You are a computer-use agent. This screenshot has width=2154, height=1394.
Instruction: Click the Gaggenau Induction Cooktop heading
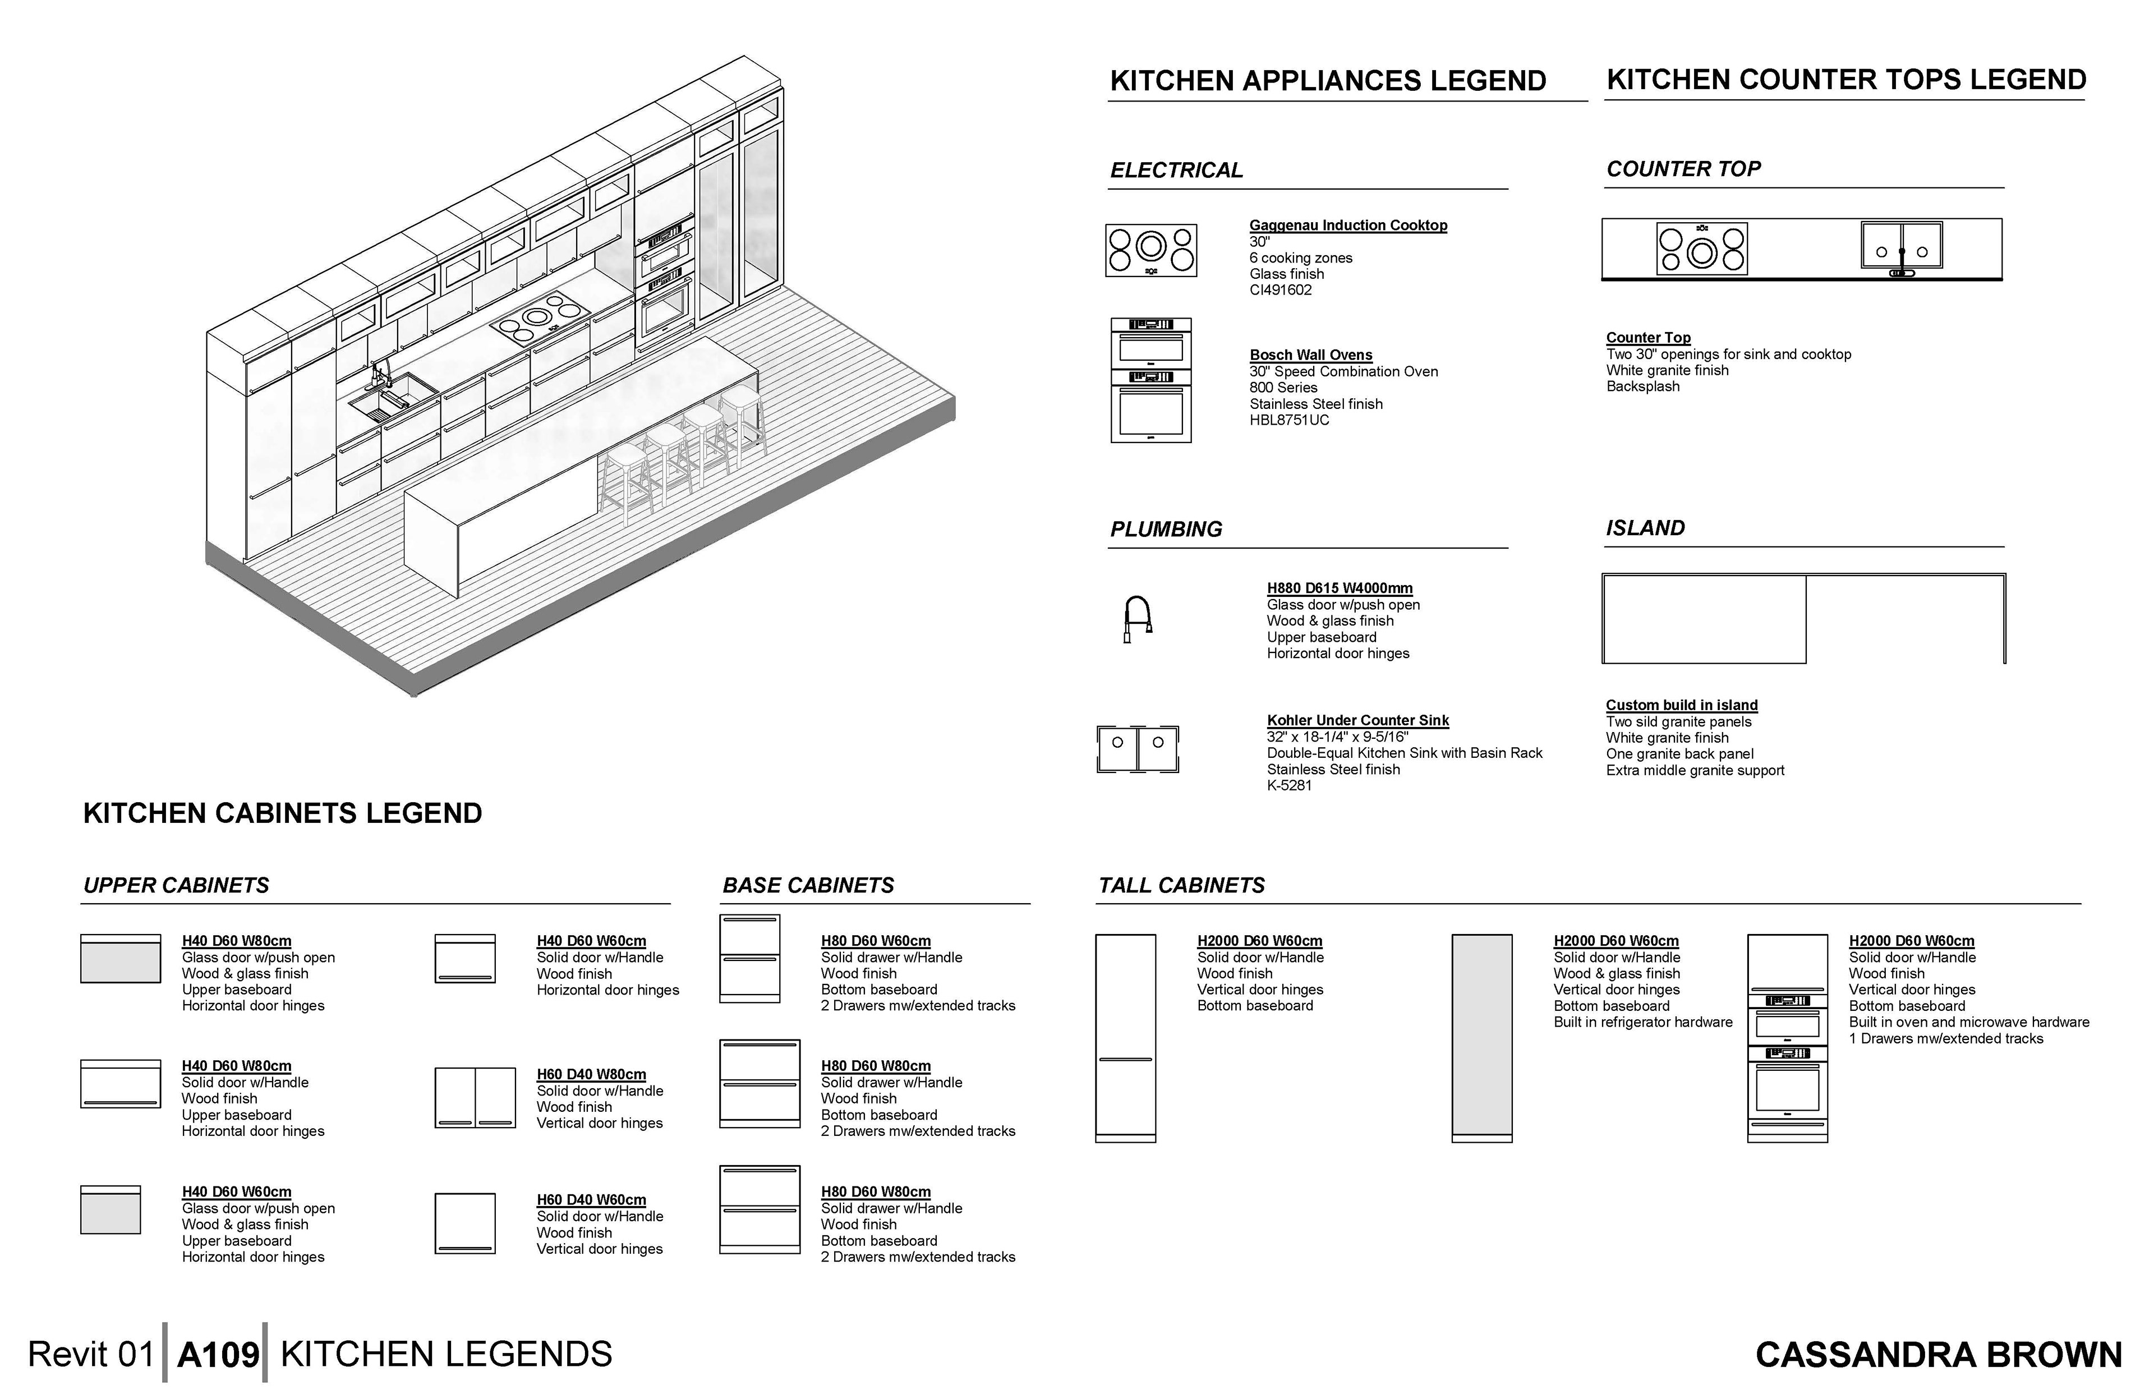[1347, 226]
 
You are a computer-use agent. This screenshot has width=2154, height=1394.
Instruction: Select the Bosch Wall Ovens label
[1310, 355]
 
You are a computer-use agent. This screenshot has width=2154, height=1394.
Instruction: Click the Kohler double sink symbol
[1138, 748]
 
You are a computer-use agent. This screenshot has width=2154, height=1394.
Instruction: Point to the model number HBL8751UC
[1289, 420]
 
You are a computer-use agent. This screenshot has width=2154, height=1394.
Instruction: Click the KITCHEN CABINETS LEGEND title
[282, 813]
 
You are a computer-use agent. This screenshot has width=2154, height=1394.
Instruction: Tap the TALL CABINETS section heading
[1181, 885]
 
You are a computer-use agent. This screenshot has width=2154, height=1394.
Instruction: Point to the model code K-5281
[1289, 786]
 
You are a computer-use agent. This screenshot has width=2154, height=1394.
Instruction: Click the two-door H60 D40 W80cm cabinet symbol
[475, 1098]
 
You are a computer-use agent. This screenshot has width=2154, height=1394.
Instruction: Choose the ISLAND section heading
[1645, 528]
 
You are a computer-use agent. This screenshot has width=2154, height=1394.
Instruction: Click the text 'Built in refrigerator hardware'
[1642, 1022]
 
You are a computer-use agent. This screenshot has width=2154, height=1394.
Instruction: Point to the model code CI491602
[1279, 289]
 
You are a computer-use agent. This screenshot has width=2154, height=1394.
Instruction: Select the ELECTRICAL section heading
[1176, 170]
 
